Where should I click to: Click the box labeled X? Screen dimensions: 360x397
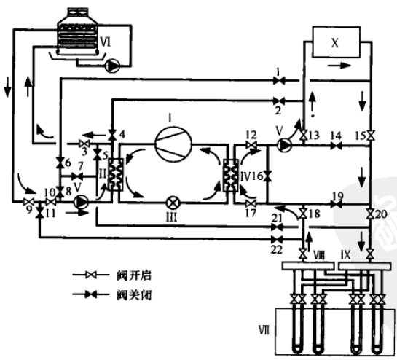coord(336,42)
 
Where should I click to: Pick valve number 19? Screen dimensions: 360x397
coord(336,206)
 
